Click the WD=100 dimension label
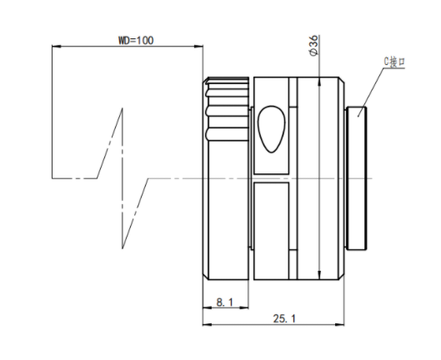tap(136, 41)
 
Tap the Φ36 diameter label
tap(313, 45)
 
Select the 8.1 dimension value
tap(225, 302)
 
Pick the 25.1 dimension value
tap(284, 318)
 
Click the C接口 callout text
tap(394, 62)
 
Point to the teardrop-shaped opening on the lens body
tap(272, 129)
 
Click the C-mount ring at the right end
tap(357, 178)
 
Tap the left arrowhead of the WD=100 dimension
tap(56, 46)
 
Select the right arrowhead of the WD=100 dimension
tap(198, 46)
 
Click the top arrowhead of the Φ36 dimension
tap(319, 81)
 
